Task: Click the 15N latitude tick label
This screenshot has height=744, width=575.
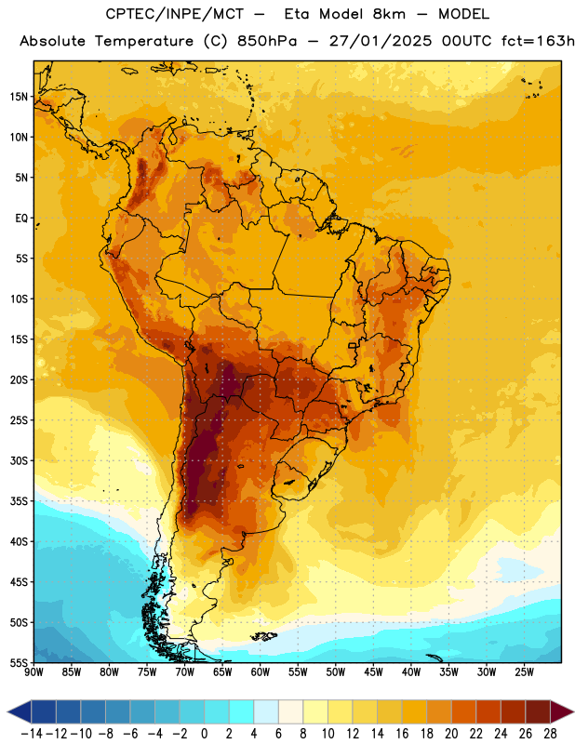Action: (20, 97)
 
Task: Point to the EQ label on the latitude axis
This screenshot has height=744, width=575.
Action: (21, 219)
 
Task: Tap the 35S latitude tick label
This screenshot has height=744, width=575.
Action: (20, 501)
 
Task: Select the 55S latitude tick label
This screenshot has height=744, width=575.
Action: (20, 662)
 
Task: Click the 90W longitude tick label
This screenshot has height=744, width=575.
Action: (34, 672)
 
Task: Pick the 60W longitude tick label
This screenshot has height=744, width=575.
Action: (261, 672)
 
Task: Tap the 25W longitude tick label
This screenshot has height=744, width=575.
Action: (524, 672)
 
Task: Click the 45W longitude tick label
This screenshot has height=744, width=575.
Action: (373, 672)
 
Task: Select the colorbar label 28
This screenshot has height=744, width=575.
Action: (550, 734)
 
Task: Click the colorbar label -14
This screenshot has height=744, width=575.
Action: (32, 734)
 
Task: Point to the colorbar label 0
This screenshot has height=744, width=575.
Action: (204, 734)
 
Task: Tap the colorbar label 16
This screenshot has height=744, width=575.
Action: (402, 734)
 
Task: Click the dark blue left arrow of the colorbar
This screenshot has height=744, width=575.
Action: (20, 711)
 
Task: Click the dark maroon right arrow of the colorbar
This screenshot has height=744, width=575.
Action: (562, 711)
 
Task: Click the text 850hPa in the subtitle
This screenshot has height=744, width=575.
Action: (266, 41)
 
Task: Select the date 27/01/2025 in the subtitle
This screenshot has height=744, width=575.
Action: (381, 41)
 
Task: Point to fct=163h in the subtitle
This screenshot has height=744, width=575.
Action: (538, 41)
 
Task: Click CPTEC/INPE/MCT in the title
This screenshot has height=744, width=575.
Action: (174, 14)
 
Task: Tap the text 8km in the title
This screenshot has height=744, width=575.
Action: (389, 14)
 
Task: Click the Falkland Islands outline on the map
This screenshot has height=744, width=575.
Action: (263, 636)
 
